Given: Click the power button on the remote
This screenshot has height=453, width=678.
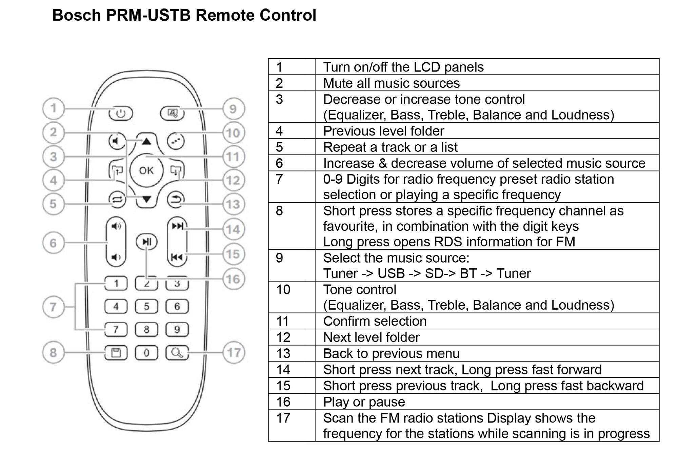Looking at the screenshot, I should click(x=121, y=113).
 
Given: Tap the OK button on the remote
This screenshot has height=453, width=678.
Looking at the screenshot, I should click(x=146, y=170).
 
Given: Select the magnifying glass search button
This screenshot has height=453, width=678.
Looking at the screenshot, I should click(x=177, y=353).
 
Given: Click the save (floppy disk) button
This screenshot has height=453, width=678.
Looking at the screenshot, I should click(x=116, y=353).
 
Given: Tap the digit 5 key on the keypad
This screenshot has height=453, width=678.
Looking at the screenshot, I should click(x=146, y=306).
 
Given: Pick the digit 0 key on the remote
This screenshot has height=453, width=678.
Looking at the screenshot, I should click(x=146, y=353).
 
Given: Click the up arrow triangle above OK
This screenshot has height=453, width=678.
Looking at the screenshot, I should click(x=146, y=141).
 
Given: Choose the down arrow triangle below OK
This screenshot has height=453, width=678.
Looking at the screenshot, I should click(x=146, y=199).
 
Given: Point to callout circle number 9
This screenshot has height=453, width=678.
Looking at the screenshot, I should click(x=233, y=109).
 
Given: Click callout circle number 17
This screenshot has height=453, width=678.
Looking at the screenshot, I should click(x=234, y=353).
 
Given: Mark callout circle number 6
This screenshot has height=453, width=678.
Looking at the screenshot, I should click(x=53, y=243).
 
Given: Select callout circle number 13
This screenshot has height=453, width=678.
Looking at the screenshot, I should click(x=233, y=204).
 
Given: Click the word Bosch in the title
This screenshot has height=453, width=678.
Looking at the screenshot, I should click(x=77, y=15).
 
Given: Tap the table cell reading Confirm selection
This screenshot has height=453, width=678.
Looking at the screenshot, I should click(x=375, y=321).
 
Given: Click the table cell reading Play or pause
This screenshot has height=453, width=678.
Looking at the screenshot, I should click(x=364, y=402).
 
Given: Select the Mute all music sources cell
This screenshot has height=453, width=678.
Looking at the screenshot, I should click(x=391, y=83).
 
